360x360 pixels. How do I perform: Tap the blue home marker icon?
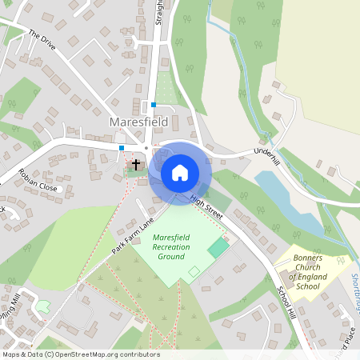(x=180, y=172)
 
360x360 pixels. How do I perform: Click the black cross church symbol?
(x=136, y=165)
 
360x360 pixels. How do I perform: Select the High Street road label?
(x=206, y=205)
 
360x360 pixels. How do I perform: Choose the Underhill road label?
(x=266, y=155)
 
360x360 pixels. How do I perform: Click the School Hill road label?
(x=286, y=303)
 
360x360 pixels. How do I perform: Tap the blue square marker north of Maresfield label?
(x=153, y=104)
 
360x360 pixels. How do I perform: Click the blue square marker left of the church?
(x=122, y=147)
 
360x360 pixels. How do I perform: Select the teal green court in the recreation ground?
(x=218, y=247)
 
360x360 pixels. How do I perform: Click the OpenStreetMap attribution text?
(x=81, y=354)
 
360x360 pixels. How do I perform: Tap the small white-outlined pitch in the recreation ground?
(x=194, y=273)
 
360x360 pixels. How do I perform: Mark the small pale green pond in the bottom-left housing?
(x=43, y=306)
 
